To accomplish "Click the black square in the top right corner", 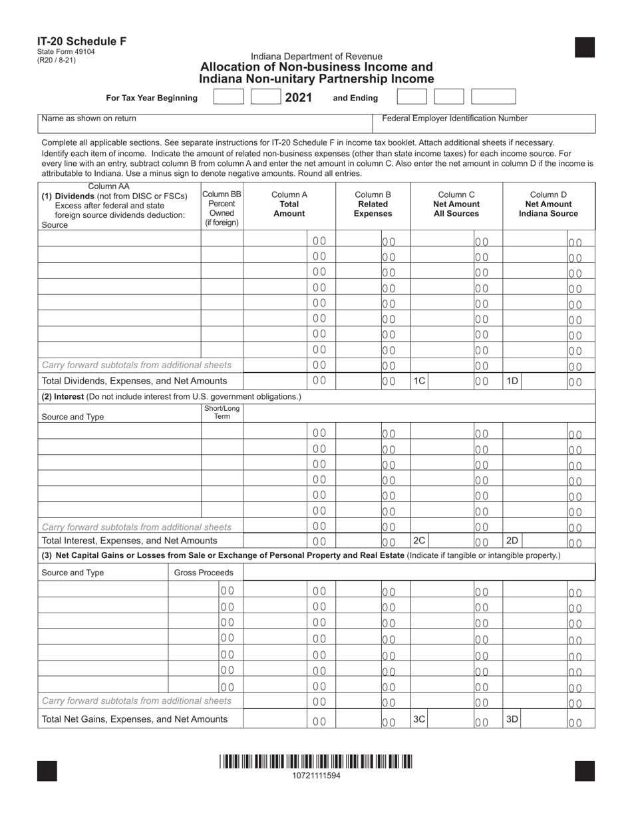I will point(584,48).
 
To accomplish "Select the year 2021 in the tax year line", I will point(299,98).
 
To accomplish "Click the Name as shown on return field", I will point(89,119).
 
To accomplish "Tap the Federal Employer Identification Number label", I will point(454,119).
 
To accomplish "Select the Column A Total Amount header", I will point(289,204).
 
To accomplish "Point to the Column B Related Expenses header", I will point(373,204).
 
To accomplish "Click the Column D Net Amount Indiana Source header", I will point(548,204).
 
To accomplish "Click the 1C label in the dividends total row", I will point(420,381).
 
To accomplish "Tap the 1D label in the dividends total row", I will point(512,381).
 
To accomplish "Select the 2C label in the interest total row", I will point(420,540).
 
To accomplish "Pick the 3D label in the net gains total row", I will point(512,718).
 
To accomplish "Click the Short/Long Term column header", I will point(222,412).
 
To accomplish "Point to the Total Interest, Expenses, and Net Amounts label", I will point(129,541).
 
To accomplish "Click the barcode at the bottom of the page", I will point(315,761).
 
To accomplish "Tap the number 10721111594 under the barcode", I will point(316,776).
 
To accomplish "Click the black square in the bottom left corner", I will point(47,770).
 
